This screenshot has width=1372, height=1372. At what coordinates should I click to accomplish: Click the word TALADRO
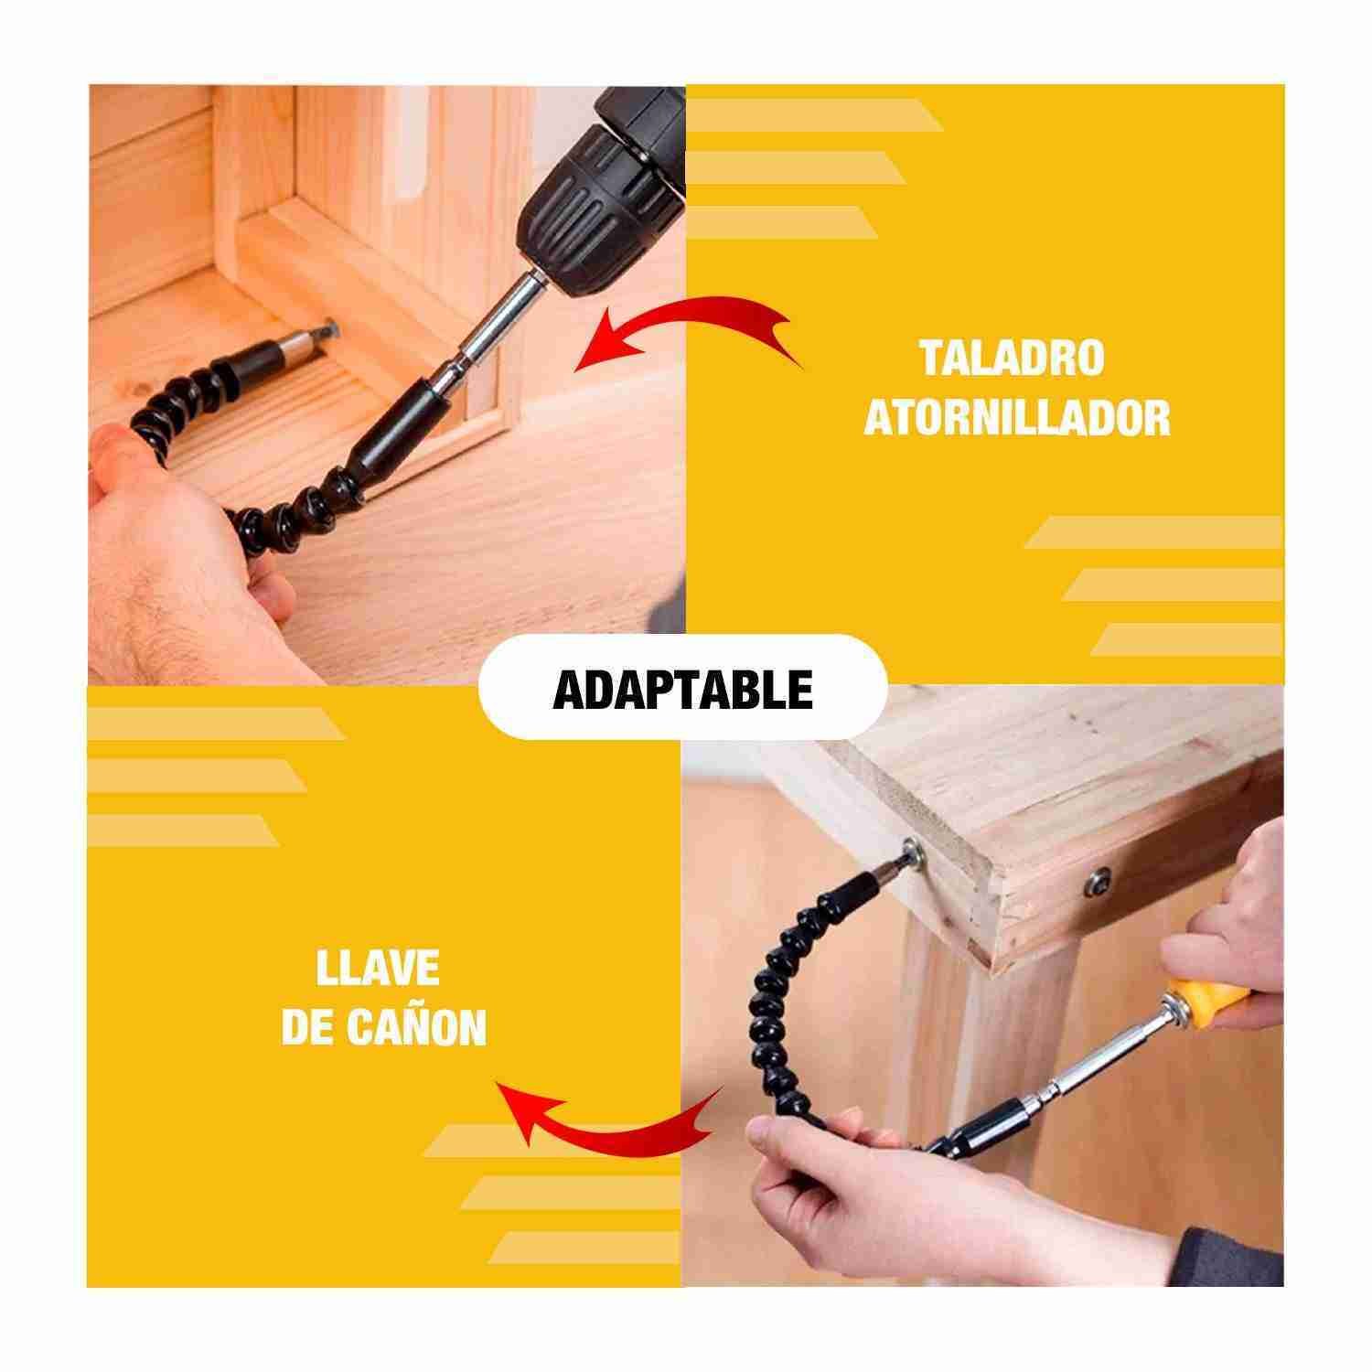click(x=1012, y=359)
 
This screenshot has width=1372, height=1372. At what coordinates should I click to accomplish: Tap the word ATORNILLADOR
click(x=1017, y=418)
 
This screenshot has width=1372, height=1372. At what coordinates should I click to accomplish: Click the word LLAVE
click(x=378, y=969)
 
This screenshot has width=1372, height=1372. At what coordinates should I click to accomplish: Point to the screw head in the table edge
click(x=912, y=852)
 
